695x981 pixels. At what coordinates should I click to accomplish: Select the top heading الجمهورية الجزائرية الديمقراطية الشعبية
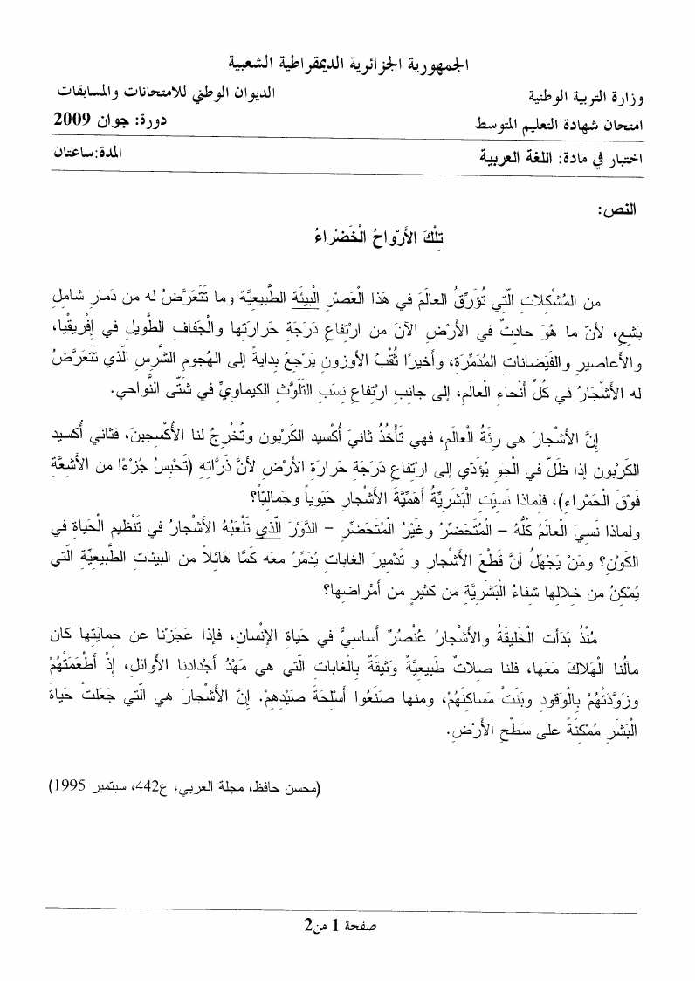(347, 64)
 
